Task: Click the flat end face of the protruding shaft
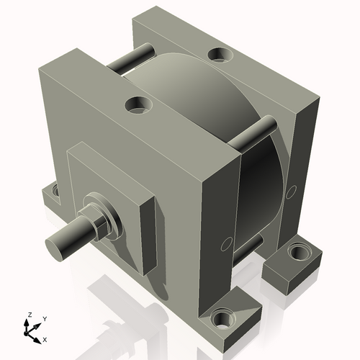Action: point(57,246)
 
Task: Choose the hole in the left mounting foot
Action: point(51,192)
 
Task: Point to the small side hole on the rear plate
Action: point(292,192)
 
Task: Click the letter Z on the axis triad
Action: point(28,315)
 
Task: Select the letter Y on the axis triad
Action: point(45,318)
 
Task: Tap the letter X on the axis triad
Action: point(45,338)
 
